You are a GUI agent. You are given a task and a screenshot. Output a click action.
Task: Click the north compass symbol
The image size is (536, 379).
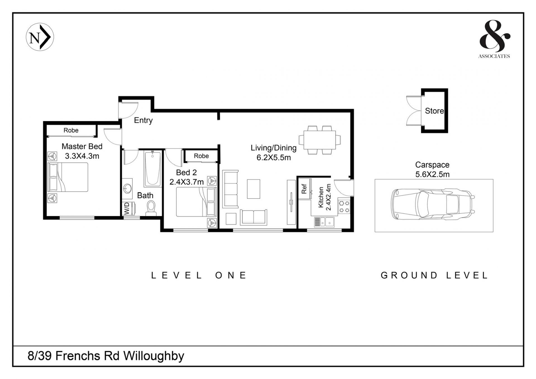click(40, 37)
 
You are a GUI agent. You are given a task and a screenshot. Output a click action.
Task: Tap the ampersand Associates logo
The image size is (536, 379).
click(494, 39)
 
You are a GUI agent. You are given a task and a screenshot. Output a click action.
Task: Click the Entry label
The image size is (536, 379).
click(143, 120)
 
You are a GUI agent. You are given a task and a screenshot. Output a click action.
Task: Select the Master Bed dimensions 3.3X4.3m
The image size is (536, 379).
click(82, 156)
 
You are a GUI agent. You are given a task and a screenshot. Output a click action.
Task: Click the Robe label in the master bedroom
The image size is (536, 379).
click(71, 130)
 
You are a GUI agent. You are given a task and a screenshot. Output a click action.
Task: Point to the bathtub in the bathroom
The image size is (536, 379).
click(152, 168)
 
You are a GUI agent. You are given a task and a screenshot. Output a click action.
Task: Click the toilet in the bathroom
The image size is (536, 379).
click(151, 208)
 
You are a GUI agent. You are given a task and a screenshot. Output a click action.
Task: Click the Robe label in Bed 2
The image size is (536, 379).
click(201, 156)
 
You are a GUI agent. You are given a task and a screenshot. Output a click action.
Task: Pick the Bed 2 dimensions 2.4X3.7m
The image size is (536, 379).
click(186, 182)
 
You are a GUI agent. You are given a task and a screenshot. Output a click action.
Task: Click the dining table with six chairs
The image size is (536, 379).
click(320, 140)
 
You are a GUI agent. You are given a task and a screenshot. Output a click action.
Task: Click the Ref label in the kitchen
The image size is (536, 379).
click(304, 189)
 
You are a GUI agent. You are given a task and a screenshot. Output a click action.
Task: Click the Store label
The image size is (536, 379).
click(434, 111)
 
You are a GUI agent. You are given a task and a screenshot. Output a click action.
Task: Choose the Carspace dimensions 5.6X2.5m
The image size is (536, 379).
click(432, 175)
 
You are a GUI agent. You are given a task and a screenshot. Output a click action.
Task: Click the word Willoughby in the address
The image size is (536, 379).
click(154, 356)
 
